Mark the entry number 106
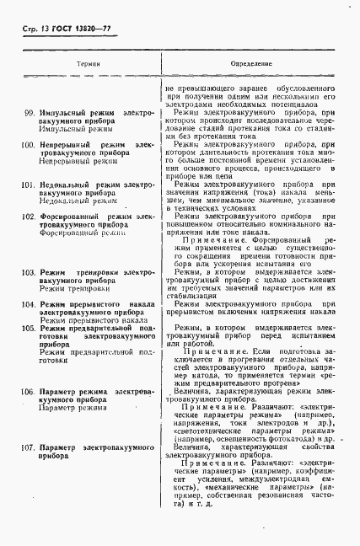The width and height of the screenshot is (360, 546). click(29, 392)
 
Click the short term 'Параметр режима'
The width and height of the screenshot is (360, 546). click(74, 408)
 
